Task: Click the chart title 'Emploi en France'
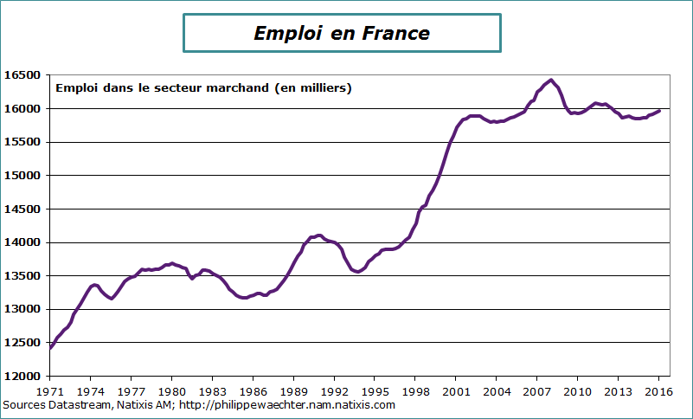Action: click(342, 33)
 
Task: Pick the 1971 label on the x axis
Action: click(50, 390)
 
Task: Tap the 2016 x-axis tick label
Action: click(658, 390)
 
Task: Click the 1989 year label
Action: click(293, 390)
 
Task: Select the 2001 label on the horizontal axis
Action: click(456, 390)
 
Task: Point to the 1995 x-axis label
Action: click(375, 390)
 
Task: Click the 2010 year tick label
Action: click(577, 390)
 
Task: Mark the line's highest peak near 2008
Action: click(551, 80)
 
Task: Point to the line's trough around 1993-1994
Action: click(357, 272)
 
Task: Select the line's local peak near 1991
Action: click(319, 235)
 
